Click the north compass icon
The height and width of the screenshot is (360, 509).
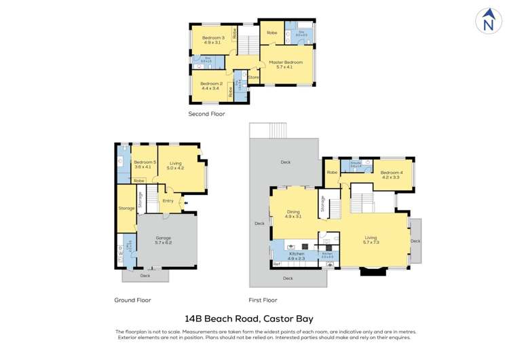(487, 21)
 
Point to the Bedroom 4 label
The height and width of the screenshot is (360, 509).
(391, 175)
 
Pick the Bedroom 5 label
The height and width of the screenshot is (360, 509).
(145, 164)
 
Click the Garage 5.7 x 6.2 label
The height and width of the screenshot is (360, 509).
(163, 240)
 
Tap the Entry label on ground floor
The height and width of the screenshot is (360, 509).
(168, 200)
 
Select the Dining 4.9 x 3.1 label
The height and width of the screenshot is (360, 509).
(294, 214)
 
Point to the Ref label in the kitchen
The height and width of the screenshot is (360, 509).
(277, 264)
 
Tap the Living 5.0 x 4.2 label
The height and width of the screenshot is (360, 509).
(176, 165)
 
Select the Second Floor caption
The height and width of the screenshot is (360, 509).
(206, 114)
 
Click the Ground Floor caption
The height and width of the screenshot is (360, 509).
(132, 300)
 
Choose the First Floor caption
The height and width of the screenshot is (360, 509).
(263, 300)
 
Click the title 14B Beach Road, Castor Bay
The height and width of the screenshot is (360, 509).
(249, 318)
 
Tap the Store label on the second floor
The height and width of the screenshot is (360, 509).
(253, 77)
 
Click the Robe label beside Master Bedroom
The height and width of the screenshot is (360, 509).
(271, 33)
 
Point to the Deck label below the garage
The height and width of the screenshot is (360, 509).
(145, 276)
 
